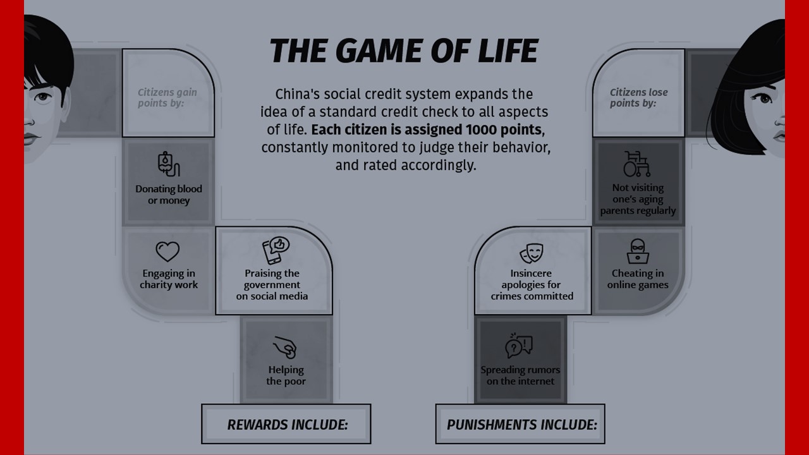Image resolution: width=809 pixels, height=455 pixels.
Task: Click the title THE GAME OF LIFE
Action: point(404,51)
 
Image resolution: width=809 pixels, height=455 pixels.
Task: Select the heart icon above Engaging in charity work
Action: point(167,252)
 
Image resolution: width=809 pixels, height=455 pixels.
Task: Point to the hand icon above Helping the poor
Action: point(285,347)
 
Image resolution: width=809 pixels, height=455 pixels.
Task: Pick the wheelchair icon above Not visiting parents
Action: point(636,164)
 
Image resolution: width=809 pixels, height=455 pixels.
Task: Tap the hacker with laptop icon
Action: point(638,252)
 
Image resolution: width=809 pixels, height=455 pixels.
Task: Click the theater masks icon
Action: point(532,253)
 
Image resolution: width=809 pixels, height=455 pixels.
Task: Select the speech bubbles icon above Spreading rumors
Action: point(519,346)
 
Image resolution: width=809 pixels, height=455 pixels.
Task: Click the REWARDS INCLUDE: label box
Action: point(286,424)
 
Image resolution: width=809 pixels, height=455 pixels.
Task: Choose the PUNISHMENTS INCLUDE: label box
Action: point(521,424)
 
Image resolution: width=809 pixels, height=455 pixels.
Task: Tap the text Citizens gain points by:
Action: point(167,97)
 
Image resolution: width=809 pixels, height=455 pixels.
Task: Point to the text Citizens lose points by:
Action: point(638,97)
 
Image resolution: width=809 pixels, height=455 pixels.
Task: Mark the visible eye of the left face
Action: point(43,97)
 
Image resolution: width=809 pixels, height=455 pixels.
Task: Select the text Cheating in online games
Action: point(638,279)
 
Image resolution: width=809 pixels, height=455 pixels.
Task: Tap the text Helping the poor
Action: point(286,375)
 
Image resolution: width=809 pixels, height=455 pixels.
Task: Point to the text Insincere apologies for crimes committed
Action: point(532,284)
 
